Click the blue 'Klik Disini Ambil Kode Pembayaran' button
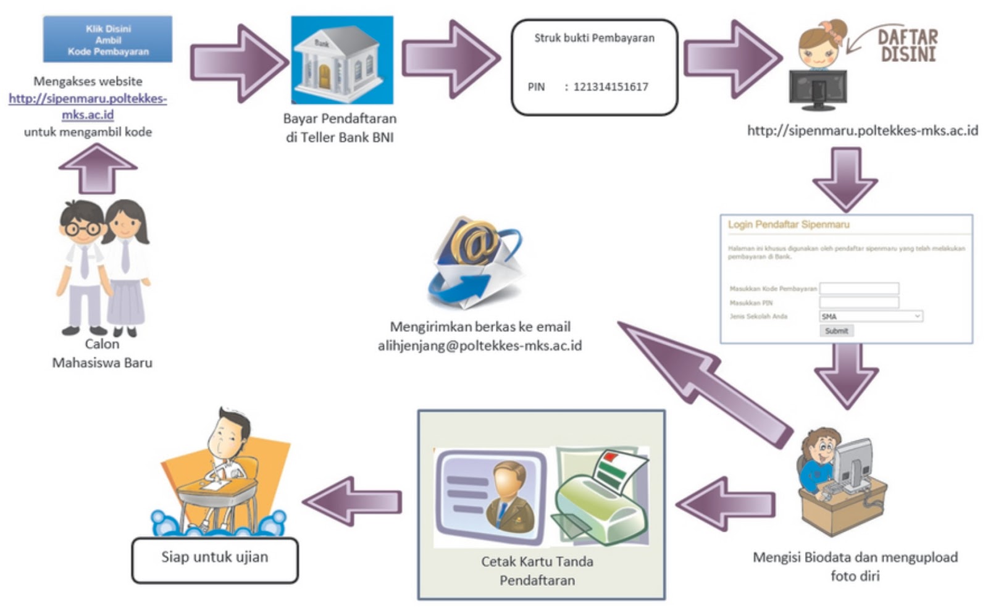coord(107,40)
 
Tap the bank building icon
coord(341,60)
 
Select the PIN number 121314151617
coord(610,87)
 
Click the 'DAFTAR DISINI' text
coord(907,45)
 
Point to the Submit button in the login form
coord(836,331)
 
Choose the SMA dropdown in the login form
coord(871,316)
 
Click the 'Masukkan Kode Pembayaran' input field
coord(859,288)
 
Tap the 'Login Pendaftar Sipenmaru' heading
coord(789,225)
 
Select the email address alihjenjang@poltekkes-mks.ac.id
coord(479,346)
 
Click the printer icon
coord(601,498)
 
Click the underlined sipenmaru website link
coord(88,106)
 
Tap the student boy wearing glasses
coord(82,266)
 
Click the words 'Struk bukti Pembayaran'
coord(594,38)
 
